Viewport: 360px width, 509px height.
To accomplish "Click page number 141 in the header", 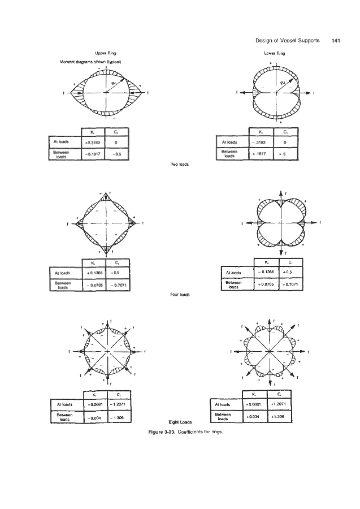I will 336,40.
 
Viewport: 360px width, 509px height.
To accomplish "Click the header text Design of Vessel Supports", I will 287,40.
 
